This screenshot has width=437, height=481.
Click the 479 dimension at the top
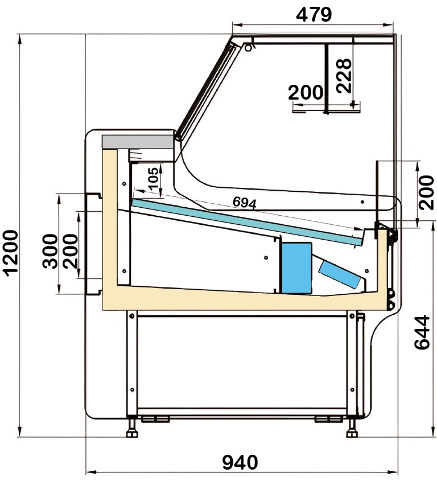(314, 14)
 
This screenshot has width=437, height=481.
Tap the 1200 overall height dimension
(11, 253)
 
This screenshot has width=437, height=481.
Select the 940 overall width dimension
(240, 462)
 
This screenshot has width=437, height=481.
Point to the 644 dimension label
(422, 332)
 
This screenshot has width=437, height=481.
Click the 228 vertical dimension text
(344, 76)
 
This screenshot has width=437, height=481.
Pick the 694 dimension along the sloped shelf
(244, 203)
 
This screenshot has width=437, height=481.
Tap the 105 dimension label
(154, 178)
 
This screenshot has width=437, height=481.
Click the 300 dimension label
(50, 251)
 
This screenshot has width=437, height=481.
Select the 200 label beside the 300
(70, 251)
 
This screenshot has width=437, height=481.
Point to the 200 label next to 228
(306, 92)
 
